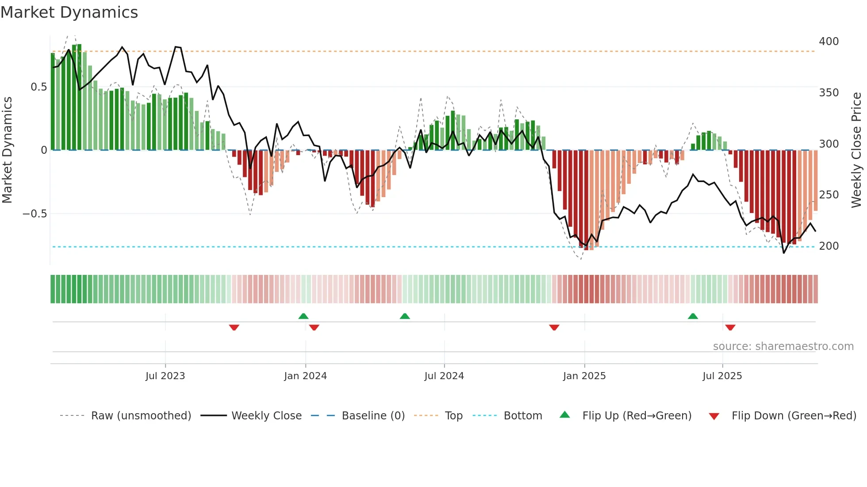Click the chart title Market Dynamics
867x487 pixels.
[x=69, y=12]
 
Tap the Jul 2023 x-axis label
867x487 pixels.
[x=165, y=376]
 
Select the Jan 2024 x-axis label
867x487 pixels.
[x=305, y=376]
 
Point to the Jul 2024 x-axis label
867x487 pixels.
[x=444, y=376]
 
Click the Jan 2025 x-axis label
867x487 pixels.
[x=584, y=376]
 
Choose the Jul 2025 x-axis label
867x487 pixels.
[x=722, y=376]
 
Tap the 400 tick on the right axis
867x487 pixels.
[x=829, y=42]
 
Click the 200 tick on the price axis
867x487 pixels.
[x=829, y=246]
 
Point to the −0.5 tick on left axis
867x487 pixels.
[x=35, y=214]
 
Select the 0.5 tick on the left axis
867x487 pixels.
[x=38, y=87]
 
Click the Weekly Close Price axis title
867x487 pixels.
[x=856, y=150]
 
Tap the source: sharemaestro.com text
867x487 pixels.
[x=783, y=346]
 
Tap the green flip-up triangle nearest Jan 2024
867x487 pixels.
[x=303, y=316]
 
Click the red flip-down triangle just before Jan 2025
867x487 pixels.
[x=554, y=327]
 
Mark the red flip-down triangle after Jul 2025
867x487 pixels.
[x=730, y=327]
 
